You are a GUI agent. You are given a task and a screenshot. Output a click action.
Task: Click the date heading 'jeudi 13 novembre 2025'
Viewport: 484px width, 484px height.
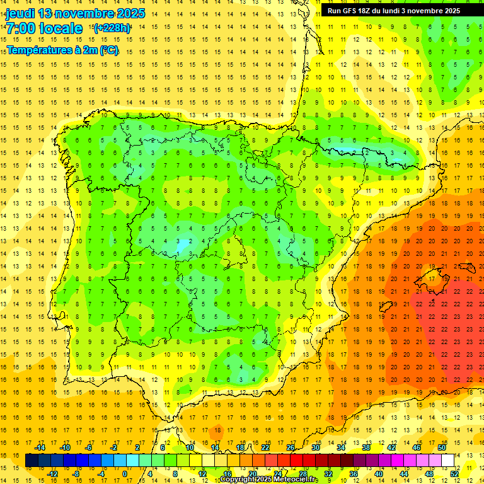coord(75,13)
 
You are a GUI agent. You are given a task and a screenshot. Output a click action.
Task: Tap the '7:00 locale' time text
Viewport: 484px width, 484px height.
coord(44,28)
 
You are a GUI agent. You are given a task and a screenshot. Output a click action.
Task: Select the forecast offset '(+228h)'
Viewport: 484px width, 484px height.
coord(112,28)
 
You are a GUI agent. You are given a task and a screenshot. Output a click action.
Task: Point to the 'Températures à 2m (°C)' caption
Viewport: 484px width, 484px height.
coord(62,50)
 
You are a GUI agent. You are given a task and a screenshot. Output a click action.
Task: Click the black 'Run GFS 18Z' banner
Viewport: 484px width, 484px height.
coord(393,10)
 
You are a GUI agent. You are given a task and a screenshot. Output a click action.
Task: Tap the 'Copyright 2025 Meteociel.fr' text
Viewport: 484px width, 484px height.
coord(268,479)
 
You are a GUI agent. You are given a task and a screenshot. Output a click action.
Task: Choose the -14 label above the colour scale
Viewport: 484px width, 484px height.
coord(40,447)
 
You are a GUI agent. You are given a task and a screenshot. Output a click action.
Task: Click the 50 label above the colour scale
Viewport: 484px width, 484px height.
coord(442,447)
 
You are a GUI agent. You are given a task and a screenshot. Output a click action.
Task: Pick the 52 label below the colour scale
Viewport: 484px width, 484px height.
coord(454,474)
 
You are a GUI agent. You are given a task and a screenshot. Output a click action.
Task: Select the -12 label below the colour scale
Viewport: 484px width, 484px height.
coord(52,474)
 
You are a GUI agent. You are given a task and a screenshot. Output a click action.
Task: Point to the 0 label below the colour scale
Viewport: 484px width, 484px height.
coord(125,474)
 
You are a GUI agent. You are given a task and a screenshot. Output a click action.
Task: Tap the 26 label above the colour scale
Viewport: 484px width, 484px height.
coord(291,447)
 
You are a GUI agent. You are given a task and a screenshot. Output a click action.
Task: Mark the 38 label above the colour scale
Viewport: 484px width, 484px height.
coord(366,447)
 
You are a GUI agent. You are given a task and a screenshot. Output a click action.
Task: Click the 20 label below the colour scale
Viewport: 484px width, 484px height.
coord(252,474)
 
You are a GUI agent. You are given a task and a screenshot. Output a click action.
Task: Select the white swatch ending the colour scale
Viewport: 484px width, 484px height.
coord(447,461)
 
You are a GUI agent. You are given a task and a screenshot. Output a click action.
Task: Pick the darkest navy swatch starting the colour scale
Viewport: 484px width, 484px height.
coord(32,461)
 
